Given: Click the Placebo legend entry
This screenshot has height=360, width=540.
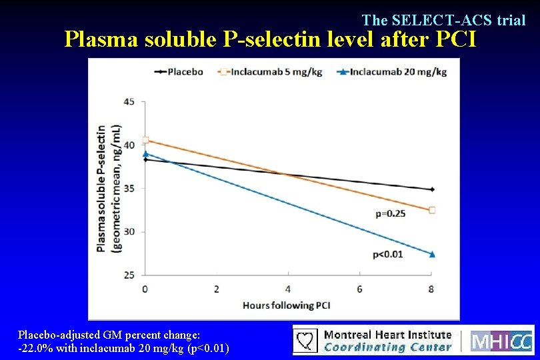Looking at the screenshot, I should [179, 71].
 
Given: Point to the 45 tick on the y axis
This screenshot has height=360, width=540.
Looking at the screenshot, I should [129, 101].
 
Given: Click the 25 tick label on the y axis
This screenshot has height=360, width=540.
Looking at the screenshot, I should [129, 275].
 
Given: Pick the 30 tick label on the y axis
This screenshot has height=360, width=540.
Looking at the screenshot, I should [129, 231].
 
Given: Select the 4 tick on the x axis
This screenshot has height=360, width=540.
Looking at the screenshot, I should [288, 289].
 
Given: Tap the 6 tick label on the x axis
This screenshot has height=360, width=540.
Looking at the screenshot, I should [360, 289].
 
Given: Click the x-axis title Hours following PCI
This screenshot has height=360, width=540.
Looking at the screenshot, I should [287, 305].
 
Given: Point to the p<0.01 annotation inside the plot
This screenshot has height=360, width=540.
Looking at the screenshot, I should [388, 253].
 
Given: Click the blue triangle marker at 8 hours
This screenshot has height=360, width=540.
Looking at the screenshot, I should [432, 253].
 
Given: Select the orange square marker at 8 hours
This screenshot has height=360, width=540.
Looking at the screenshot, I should [432, 210].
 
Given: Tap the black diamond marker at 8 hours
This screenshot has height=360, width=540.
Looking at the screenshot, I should [432, 189].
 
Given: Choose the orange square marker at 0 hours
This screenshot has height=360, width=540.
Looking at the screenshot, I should [145, 140].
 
